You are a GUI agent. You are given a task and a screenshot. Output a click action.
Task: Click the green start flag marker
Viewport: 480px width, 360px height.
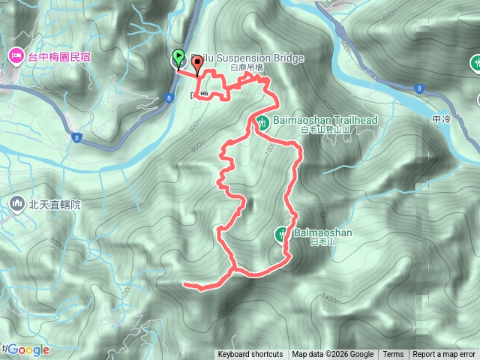click(178, 58)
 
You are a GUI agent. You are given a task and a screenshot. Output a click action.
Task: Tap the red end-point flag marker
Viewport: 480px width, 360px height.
click(197, 64)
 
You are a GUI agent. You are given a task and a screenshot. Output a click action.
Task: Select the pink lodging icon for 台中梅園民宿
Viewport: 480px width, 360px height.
click(16, 55)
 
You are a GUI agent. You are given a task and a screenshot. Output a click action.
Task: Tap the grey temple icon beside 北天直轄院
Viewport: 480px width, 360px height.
click(17, 203)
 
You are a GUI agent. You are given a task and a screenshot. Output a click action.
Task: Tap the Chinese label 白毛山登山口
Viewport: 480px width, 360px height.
click(325, 130)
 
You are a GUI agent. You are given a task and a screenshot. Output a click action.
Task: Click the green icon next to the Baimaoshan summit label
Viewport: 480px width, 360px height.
click(283, 234)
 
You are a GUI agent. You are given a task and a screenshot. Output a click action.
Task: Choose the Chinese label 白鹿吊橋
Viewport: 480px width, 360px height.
click(247, 68)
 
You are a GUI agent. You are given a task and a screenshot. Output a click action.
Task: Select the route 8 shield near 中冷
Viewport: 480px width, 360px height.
click(419, 88)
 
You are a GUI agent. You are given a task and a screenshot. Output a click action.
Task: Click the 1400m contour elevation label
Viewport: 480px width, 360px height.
click(331, 299)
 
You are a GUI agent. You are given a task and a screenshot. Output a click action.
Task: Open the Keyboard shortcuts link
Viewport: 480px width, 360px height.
click(250, 355)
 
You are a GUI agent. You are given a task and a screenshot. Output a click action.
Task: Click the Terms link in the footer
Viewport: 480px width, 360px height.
click(393, 355)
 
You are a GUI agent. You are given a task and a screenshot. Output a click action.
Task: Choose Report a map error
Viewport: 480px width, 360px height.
click(444, 355)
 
